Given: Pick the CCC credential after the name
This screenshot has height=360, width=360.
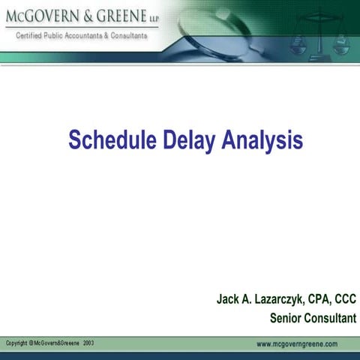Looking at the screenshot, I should pyautogui.click(x=344, y=300).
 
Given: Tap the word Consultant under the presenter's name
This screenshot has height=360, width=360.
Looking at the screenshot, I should pyautogui.click(x=330, y=318).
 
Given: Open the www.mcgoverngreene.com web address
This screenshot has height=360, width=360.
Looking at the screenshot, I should pyautogui.click(x=296, y=343).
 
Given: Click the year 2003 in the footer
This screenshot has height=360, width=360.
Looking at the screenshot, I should pyautogui.click(x=88, y=343).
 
